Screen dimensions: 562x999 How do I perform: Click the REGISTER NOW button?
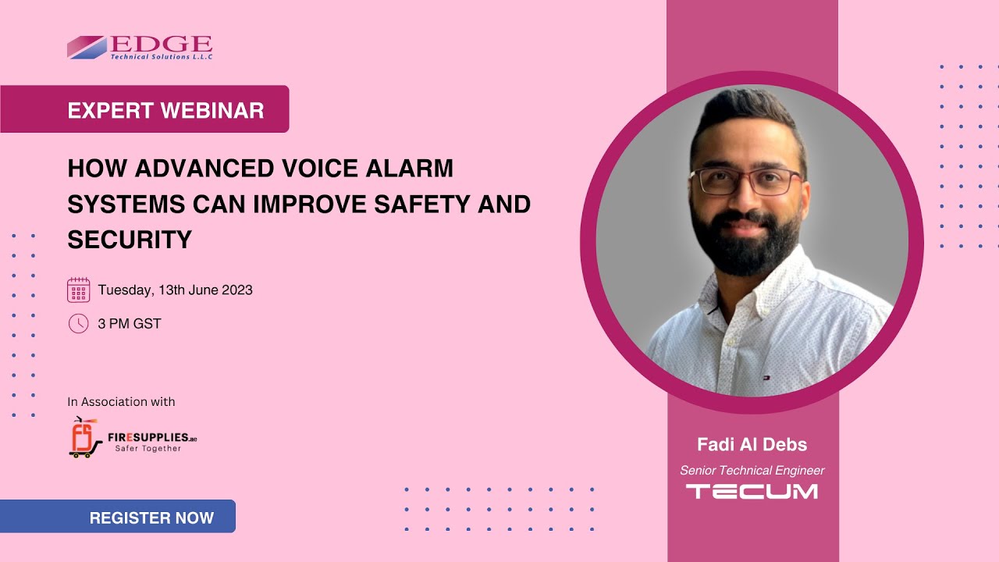[151, 518]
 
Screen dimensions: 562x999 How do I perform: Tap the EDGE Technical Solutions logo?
[140, 47]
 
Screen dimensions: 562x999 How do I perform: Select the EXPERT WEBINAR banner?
[165, 110]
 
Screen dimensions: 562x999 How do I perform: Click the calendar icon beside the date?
[78, 290]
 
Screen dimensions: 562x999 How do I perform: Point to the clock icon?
[78, 323]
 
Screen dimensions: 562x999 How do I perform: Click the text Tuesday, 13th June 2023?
[175, 290]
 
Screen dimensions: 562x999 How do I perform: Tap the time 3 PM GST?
[130, 324]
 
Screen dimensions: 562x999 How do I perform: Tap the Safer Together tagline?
[148, 449]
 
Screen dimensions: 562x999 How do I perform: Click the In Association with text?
[121, 402]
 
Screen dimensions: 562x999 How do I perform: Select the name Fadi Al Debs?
[752, 445]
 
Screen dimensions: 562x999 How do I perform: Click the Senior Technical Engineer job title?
[752, 471]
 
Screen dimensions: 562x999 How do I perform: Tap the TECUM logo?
[752, 492]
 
